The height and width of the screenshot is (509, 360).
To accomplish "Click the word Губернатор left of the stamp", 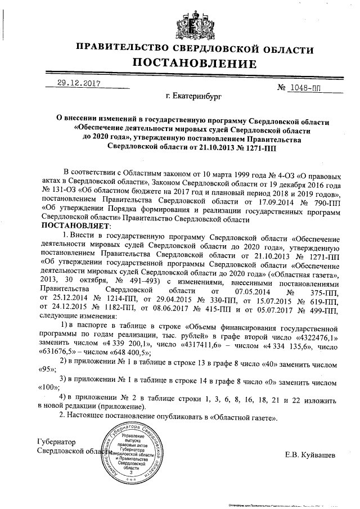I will [56, 442].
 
